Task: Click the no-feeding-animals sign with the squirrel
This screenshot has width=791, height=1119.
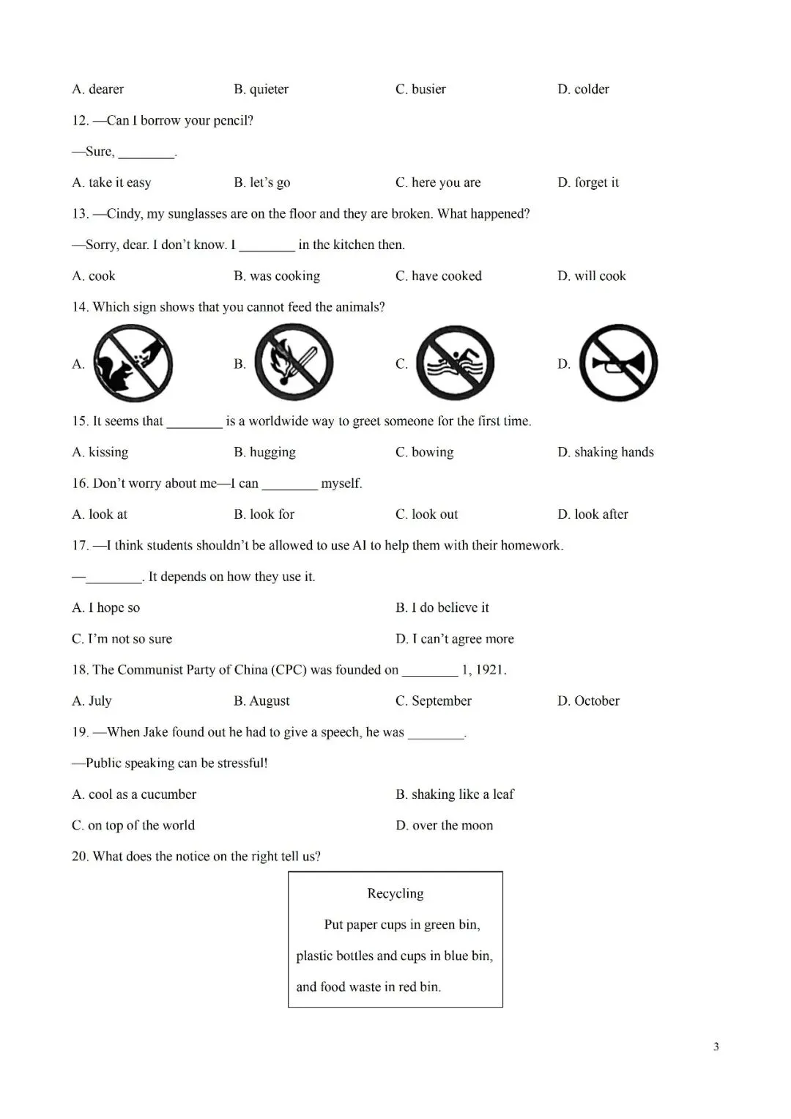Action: [133, 363]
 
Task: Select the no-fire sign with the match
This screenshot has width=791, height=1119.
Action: [294, 363]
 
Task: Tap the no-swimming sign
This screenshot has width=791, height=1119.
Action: [456, 363]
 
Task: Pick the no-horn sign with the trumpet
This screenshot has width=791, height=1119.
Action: [618, 363]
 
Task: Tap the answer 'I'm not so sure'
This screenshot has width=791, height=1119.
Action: [130, 639]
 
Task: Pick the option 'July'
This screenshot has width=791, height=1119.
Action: [100, 701]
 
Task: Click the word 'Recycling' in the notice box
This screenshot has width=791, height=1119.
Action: [395, 893]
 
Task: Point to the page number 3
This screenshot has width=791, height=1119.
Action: [716, 1047]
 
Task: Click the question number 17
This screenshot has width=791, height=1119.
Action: [80, 545]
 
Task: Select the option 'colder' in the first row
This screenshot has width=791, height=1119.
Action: [591, 89]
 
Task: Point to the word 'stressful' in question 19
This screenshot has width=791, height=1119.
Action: [239, 764]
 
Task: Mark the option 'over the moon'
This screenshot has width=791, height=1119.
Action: [452, 826]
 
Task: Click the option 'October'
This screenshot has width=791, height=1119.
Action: [596, 701]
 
